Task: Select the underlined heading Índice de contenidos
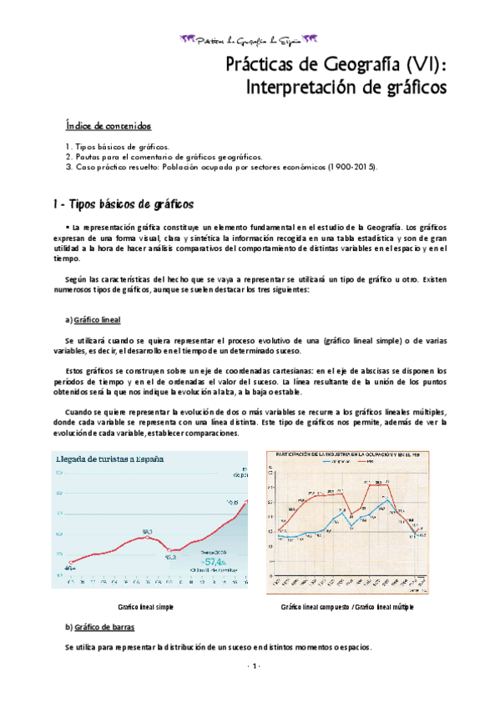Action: click(109, 126)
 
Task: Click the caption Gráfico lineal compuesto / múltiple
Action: click(347, 607)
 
